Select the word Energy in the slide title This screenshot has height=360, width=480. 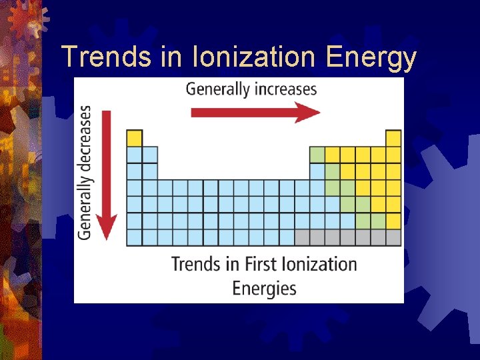[x=371, y=59]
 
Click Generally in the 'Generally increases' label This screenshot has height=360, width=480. [x=217, y=89]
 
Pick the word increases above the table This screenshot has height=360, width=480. [x=285, y=89]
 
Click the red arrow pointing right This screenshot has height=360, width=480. [x=255, y=113]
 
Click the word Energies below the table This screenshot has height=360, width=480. [x=265, y=289]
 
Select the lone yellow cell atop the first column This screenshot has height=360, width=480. [x=135, y=138]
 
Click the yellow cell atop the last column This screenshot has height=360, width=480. [x=393, y=138]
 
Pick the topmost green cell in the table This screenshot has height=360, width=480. [x=317, y=155]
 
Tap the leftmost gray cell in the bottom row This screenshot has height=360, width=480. [x=302, y=237]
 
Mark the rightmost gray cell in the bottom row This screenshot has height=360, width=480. [x=393, y=237]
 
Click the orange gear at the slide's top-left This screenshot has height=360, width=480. [x=27, y=19]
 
